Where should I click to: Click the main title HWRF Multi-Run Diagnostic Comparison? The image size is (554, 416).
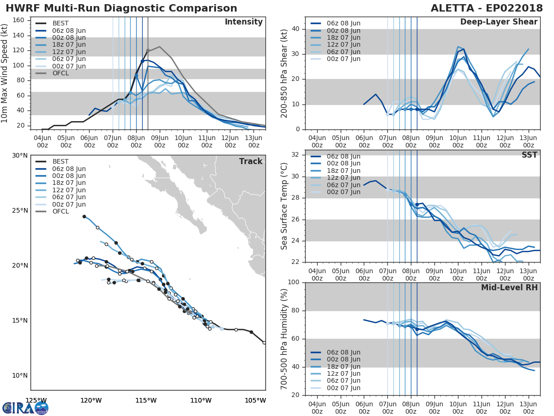[x=121, y=8]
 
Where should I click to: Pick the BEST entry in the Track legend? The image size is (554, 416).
[x=60, y=161]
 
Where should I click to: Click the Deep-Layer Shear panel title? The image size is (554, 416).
[x=499, y=22]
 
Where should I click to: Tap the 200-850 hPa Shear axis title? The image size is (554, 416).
[x=284, y=73]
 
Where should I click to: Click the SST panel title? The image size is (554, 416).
[x=529, y=155]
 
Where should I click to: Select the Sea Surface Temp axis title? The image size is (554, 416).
[x=284, y=206]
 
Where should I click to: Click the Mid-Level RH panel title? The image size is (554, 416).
[x=509, y=288]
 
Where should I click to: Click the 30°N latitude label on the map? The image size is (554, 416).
[x=19, y=155]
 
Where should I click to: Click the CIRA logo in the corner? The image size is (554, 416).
[x=25, y=408]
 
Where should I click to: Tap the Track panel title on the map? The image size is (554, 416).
[x=250, y=161]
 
